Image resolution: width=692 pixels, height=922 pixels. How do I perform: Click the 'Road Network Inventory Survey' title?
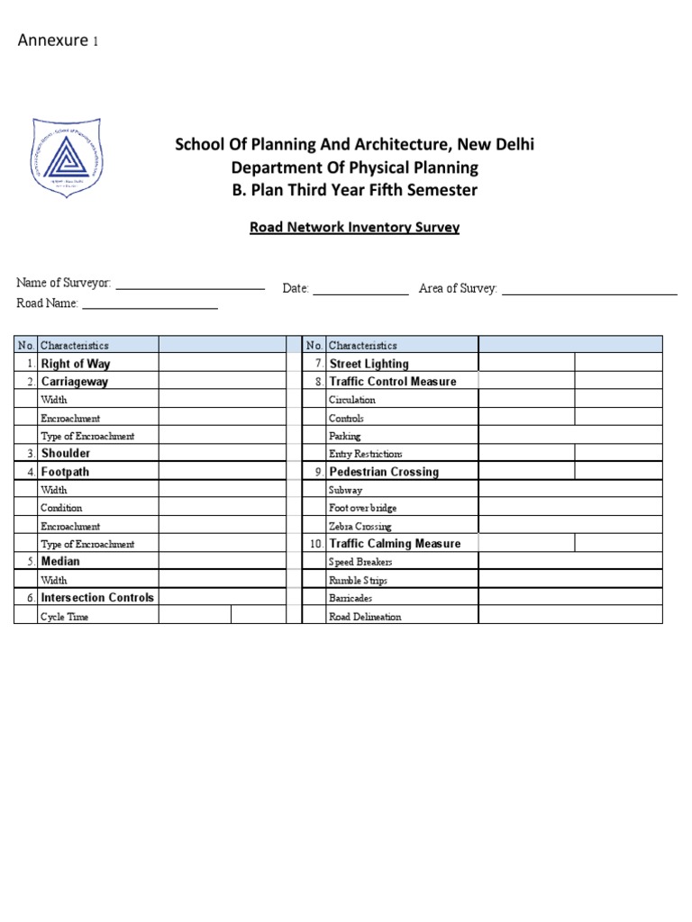point(354,228)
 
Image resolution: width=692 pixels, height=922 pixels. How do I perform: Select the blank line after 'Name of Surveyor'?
point(190,287)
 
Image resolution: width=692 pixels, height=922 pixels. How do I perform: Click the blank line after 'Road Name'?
point(150,307)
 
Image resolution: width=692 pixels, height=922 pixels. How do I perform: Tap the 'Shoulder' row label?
point(66,454)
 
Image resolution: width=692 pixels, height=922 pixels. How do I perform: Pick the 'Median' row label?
point(60,562)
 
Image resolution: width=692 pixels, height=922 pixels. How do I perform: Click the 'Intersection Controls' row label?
point(97,598)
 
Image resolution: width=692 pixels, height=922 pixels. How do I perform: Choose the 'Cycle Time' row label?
point(64,617)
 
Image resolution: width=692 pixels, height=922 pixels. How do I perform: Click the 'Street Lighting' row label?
point(369,364)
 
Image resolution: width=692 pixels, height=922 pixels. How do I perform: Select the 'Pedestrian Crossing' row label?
point(384,472)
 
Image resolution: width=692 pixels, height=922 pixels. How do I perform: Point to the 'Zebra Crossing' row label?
point(360,527)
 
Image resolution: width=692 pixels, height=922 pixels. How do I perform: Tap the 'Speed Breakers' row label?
point(360,563)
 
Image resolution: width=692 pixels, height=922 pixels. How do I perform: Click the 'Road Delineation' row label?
point(365,617)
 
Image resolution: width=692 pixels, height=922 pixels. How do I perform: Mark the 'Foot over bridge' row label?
point(362,509)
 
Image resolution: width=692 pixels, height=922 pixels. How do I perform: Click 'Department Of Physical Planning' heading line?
point(354,167)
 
